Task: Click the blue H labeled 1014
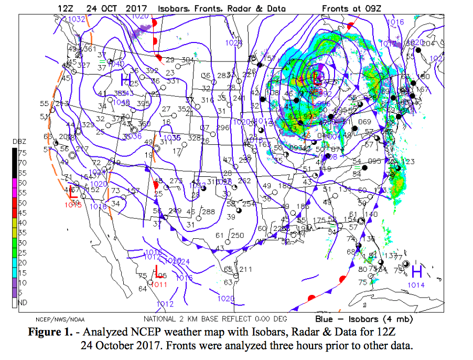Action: point(417,271)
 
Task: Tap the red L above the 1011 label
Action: point(158,271)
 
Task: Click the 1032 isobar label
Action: point(77,19)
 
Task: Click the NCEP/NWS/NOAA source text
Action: point(60,319)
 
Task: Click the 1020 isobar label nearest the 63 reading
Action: point(226,299)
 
